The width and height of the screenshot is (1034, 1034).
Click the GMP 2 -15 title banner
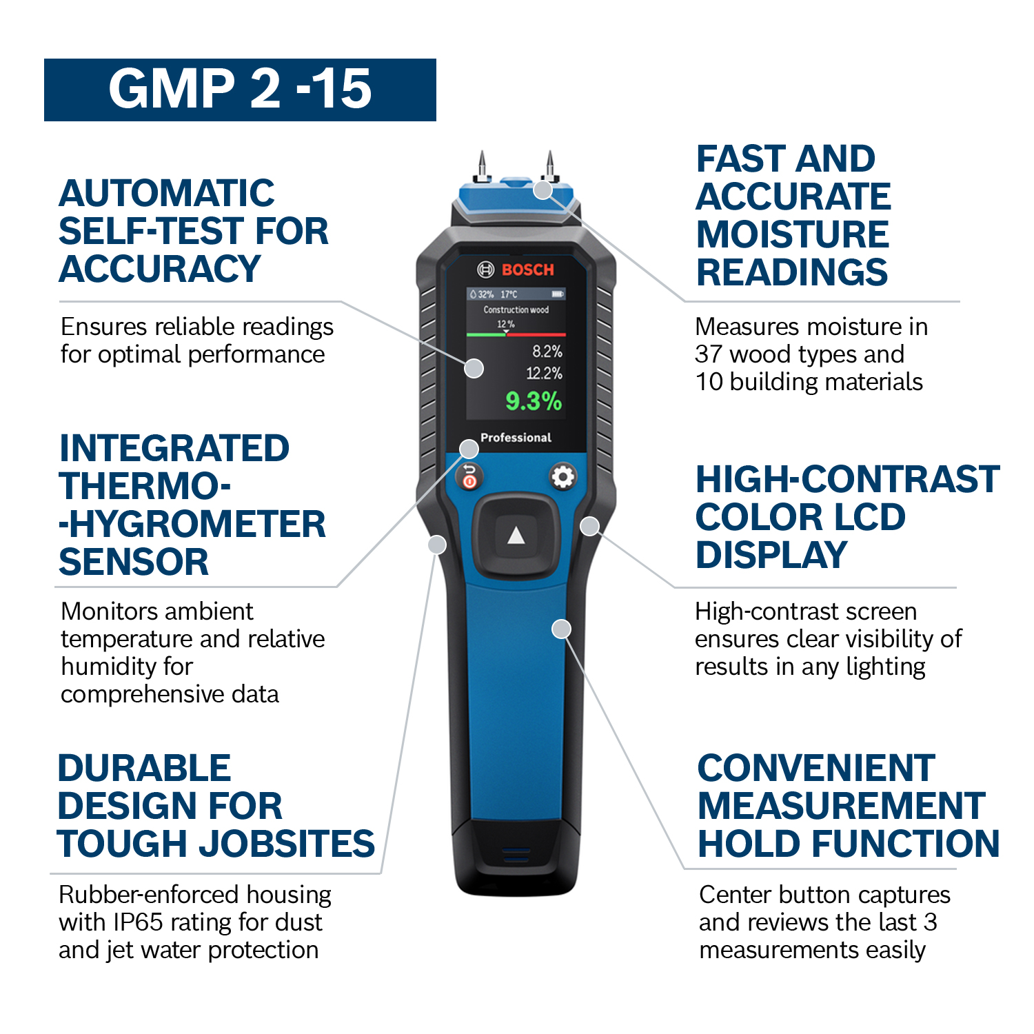coord(240,90)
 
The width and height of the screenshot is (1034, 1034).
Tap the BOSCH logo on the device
coord(516,270)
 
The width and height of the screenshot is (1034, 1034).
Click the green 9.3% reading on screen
coord(534,401)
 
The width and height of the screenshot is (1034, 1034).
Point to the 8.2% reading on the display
coord(547,352)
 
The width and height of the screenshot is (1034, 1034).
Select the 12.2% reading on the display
coord(545,374)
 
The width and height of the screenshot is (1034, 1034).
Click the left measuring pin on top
coord(483,165)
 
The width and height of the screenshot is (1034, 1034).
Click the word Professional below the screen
coord(516,438)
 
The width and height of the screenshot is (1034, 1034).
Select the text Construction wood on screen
coord(516,310)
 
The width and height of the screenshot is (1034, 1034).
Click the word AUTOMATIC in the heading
coord(167,193)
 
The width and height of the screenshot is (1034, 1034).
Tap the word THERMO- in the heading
coord(145,486)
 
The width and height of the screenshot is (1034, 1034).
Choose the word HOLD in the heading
coord(753,844)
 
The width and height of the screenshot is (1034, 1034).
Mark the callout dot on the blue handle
coord(562,629)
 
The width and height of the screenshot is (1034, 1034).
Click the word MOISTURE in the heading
coord(793,234)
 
